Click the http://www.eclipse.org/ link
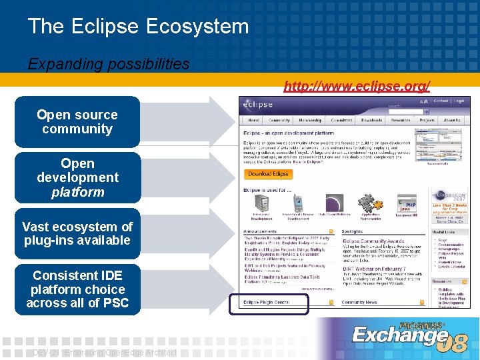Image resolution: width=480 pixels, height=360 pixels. pos(357,86)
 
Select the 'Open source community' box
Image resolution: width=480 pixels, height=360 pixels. pos(77,122)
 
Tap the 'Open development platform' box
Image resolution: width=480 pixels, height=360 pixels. pos(77,177)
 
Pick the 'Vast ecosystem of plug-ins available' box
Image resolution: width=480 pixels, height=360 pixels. pos(77,233)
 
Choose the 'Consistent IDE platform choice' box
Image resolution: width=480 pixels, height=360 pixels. pos(77,289)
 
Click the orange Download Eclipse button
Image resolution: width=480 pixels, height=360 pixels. pos(269,174)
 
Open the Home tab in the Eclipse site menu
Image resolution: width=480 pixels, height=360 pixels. pos(253,121)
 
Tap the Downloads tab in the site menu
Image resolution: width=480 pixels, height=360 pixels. pos(371,121)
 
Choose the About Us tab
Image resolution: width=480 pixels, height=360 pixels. pos(451,121)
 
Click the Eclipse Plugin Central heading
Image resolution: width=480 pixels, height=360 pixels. pos(267,303)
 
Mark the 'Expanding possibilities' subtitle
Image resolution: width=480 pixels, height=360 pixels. pos(109,64)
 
